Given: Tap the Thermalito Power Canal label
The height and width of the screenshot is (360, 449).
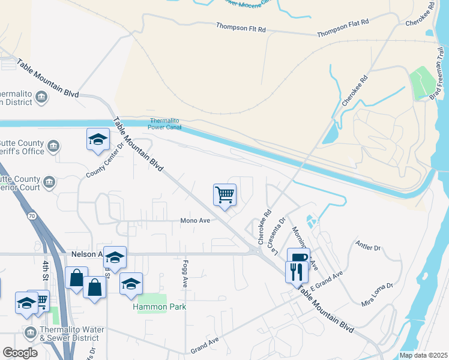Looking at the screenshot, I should pyautogui.click(x=166, y=124).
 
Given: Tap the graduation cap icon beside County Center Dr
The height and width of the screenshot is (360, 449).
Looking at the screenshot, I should pyautogui.click(x=98, y=139).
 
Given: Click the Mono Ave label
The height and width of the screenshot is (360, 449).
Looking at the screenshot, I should pyautogui.click(x=195, y=221).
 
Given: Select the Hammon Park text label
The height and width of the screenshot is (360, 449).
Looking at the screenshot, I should pyautogui.click(x=159, y=307).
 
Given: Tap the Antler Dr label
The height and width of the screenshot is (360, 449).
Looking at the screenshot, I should pyautogui.click(x=368, y=247).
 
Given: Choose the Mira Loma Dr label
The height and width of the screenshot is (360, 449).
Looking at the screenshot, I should pyautogui.click(x=376, y=295).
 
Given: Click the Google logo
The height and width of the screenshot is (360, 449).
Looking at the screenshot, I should pyautogui.click(x=20, y=353).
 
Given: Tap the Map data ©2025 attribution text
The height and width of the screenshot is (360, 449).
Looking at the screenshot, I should pyautogui.click(x=423, y=355).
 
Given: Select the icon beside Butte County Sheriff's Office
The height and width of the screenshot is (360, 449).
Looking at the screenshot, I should pyautogui.click(x=53, y=146).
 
